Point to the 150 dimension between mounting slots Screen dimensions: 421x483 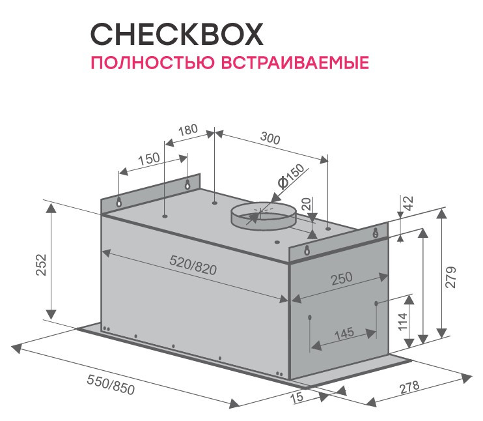point(149,159)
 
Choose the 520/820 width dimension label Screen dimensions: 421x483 point(193,267)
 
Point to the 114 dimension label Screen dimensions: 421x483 point(402,321)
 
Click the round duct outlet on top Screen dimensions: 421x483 point(263,215)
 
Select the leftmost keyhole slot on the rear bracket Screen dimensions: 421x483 point(119,203)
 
